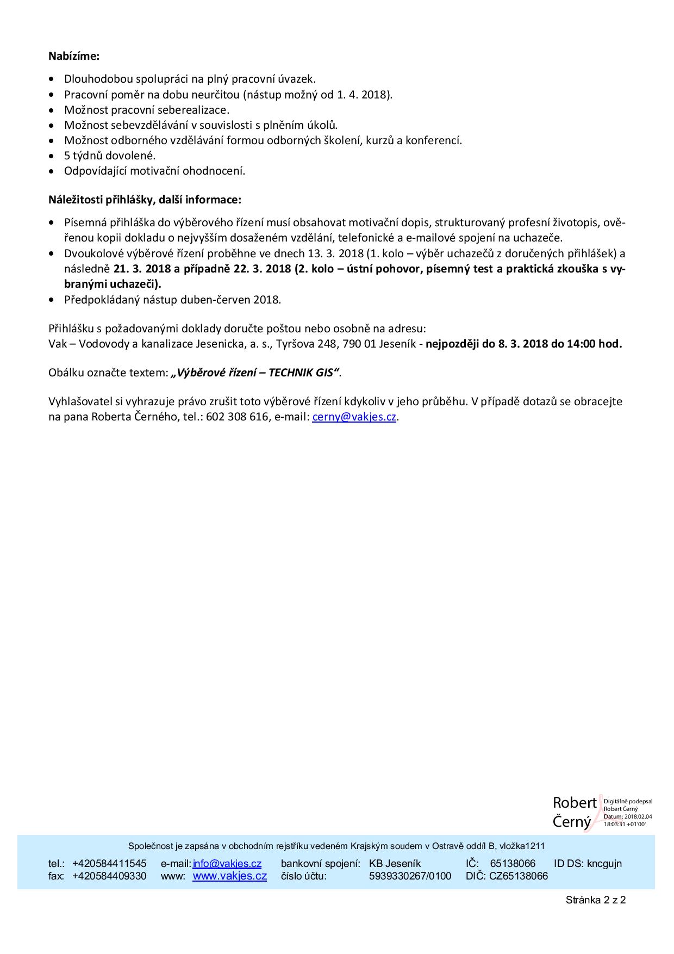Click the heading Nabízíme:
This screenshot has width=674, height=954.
[x=74, y=56]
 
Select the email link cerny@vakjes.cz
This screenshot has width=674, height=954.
[x=354, y=417]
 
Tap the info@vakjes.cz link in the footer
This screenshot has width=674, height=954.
[x=227, y=863]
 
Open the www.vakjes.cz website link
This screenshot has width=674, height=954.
[x=229, y=876]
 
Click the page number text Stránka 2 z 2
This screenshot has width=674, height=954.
[x=595, y=900]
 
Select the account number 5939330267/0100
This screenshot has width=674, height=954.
[x=410, y=876]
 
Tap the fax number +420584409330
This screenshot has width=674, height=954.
[x=109, y=876]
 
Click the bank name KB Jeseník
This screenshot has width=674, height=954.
[x=395, y=863]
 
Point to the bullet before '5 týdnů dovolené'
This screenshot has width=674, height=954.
[x=52, y=156]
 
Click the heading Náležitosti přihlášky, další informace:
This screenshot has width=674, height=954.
[x=145, y=200]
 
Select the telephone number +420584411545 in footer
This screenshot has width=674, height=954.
[x=109, y=863]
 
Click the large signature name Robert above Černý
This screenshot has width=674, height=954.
[x=575, y=802]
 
